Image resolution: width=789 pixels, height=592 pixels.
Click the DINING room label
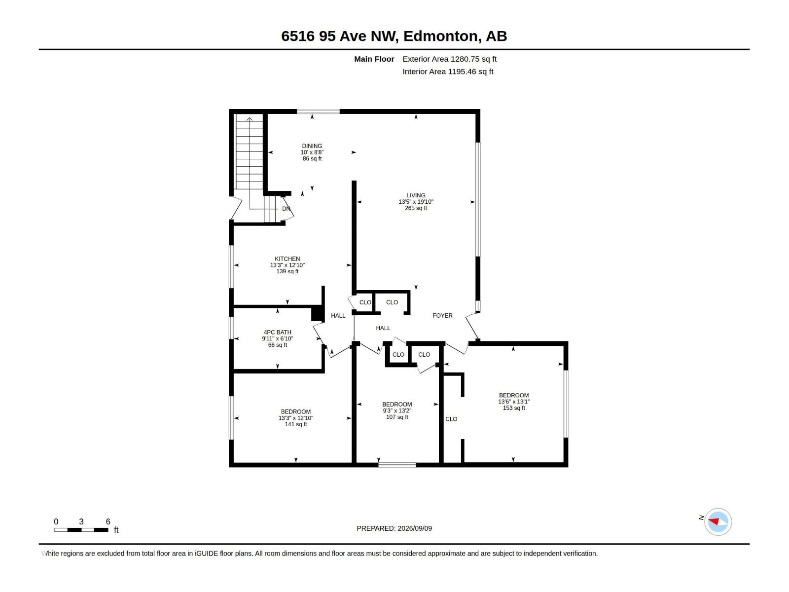[312, 146]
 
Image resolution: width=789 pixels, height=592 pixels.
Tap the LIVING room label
[416, 195]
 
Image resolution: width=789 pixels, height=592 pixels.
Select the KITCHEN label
[287, 259]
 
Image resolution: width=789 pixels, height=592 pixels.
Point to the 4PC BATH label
[277, 333]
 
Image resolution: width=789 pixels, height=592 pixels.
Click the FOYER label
[442, 316]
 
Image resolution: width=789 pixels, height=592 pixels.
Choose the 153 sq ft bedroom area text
[514, 408]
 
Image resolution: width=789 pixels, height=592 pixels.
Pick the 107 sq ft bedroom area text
[397, 417]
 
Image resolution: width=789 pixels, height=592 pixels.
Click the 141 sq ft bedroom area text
[295, 424]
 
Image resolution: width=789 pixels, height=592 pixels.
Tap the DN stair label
[286, 209]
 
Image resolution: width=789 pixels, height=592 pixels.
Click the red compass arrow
[714, 521]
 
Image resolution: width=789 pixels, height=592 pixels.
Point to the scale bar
[81, 530]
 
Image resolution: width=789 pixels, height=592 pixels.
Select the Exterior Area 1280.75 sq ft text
[449, 59]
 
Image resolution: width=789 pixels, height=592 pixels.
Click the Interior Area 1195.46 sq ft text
[448, 72]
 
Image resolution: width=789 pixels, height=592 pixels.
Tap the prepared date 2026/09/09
[414, 528]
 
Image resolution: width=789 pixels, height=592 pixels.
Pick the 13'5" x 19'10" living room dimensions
[416, 202]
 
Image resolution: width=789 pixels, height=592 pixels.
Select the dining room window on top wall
[318, 112]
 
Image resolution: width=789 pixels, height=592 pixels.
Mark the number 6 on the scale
[108, 521]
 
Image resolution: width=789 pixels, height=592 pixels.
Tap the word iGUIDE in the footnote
[206, 554]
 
